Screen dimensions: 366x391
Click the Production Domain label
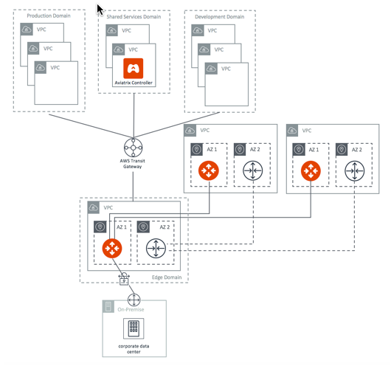pyautogui.click(x=49, y=15)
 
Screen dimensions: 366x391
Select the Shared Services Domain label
pyautogui.click(x=134, y=15)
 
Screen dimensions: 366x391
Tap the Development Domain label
pyautogui.click(x=219, y=15)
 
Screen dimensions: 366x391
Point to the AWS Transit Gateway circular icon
pyautogui.click(x=134, y=148)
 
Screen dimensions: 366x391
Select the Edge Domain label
pyautogui.click(x=167, y=276)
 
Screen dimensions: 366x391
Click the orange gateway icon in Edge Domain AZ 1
pyautogui.click(x=113, y=248)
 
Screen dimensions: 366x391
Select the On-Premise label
pyautogui.click(x=134, y=309)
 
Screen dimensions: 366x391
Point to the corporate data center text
pyautogui.click(x=134, y=348)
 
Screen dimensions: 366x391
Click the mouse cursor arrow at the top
pyautogui.click(x=101, y=10)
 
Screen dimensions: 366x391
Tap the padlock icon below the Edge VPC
pyautogui.click(x=124, y=280)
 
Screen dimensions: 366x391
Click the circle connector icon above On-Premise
pyautogui.click(x=134, y=299)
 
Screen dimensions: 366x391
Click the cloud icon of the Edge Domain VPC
pyautogui.click(x=94, y=208)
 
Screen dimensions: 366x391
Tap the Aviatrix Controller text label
pyautogui.click(x=134, y=83)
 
